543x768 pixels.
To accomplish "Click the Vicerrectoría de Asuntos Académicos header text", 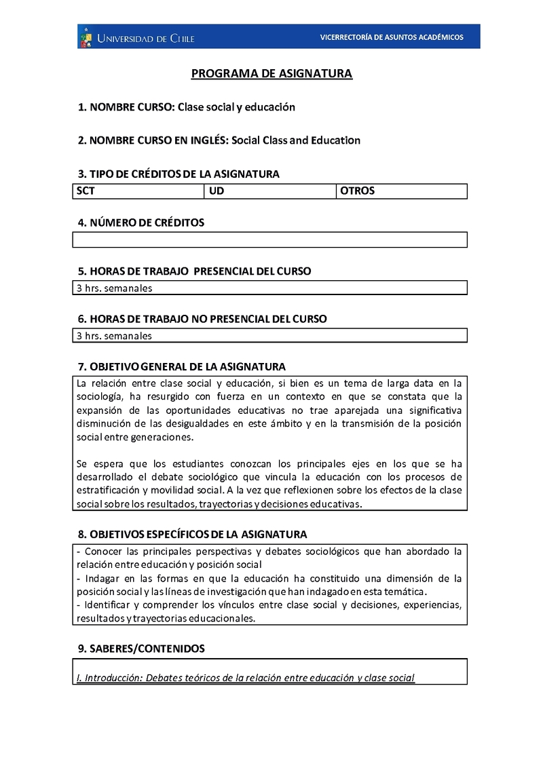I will tap(392, 37).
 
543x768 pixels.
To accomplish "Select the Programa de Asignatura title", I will tap(271, 73).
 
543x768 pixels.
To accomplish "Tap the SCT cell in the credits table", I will tap(138, 191).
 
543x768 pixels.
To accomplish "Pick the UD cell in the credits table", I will tap(269, 191).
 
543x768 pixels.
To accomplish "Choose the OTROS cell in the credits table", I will tap(401, 191).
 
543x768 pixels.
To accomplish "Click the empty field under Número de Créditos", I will tap(269, 239).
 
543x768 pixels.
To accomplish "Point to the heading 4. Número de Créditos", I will tap(141, 223).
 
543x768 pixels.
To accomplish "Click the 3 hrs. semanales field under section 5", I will tap(269, 288).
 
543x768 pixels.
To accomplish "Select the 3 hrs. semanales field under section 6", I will tap(269, 335).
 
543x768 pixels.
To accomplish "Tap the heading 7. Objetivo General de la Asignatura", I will tap(182, 366).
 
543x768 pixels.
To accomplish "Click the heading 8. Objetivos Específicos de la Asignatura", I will tap(193, 534).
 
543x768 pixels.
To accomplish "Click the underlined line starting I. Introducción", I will tap(246, 677).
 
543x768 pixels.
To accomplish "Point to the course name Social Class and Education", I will tap(296, 140).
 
